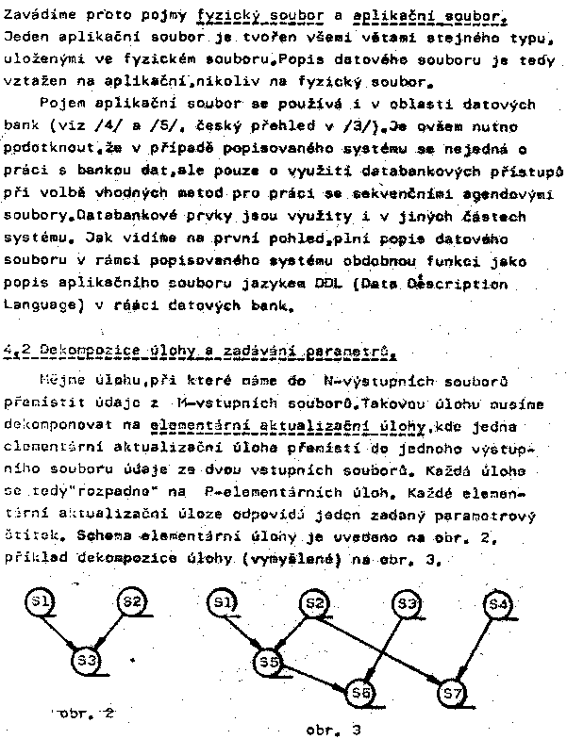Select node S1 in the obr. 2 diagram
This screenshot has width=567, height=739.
click(42, 601)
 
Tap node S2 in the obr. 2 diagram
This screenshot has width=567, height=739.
click(134, 601)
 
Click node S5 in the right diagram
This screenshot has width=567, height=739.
click(269, 663)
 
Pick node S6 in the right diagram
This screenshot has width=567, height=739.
click(358, 693)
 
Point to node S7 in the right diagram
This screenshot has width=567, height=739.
click(452, 694)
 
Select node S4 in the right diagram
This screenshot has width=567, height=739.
click(500, 602)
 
